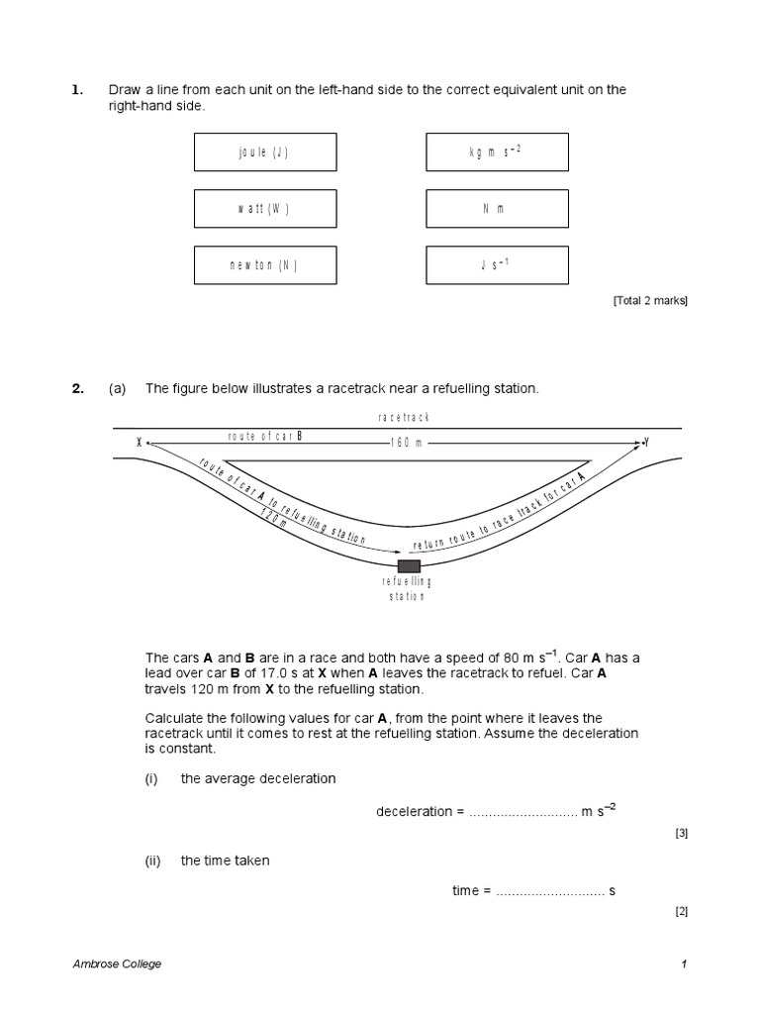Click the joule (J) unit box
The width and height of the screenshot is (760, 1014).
pyautogui.click(x=264, y=152)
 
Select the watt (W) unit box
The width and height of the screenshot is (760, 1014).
pyautogui.click(x=264, y=208)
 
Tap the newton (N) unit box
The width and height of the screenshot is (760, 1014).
pyautogui.click(x=264, y=264)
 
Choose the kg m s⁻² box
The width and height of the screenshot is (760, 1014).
pyautogui.click(x=497, y=152)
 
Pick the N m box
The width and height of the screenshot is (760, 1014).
pyautogui.click(x=497, y=208)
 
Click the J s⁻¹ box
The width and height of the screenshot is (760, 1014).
pyautogui.click(x=497, y=264)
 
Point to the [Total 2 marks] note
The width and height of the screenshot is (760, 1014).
pyautogui.click(x=650, y=301)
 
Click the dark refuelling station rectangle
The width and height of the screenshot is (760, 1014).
pyautogui.click(x=409, y=565)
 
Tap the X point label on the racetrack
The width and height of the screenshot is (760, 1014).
pyautogui.click(x=140, y=442)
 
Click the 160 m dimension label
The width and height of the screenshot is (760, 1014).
pyautogui.click(x=407, y=442)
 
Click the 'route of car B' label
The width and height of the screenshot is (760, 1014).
pyautogui.click(x=264, y=435)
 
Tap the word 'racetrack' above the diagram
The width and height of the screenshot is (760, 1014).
pyautogui.click(x=405, y=418)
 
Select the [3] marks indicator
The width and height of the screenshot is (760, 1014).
pyautogui.click(x=681, y=834)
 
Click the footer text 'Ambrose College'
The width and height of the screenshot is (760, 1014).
pyautogui.click(x=118, y=963)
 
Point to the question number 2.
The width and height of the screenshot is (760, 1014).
pyautogui.click(x=77, y=389)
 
